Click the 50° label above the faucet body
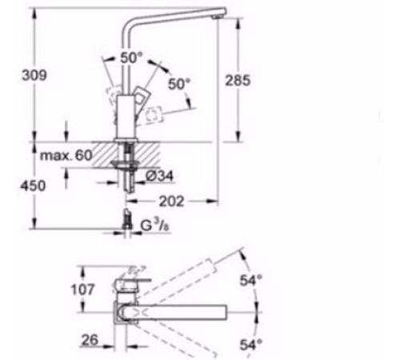[x=130, y=58]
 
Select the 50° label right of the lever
[x=179, y=83]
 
